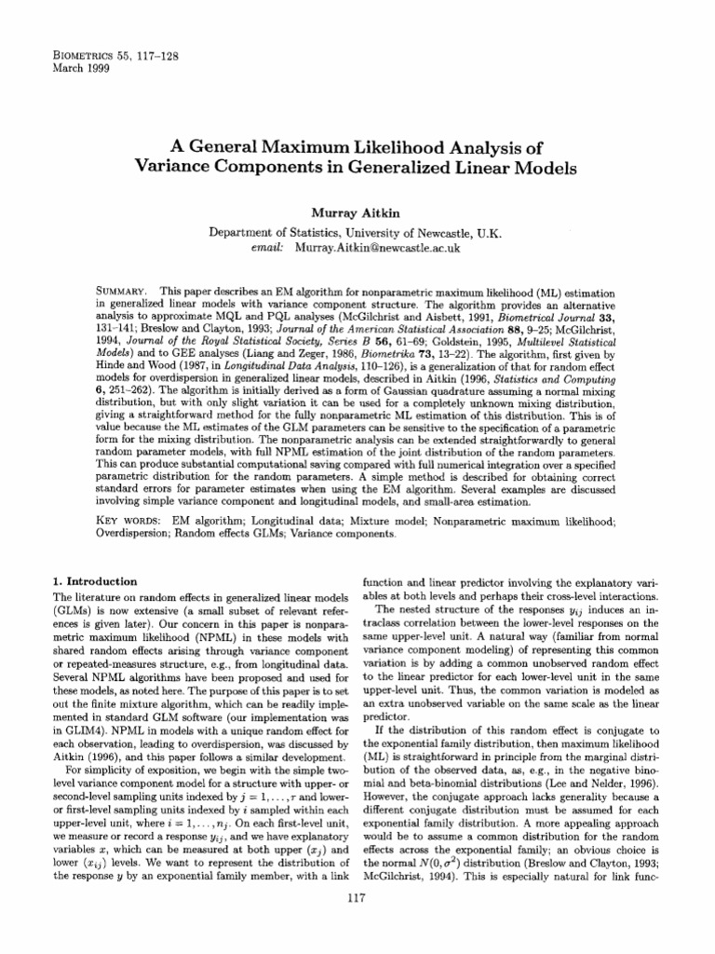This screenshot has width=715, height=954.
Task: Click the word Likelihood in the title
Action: tap(388, 149)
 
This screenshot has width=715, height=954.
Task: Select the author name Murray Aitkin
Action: tap(356, 213)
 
